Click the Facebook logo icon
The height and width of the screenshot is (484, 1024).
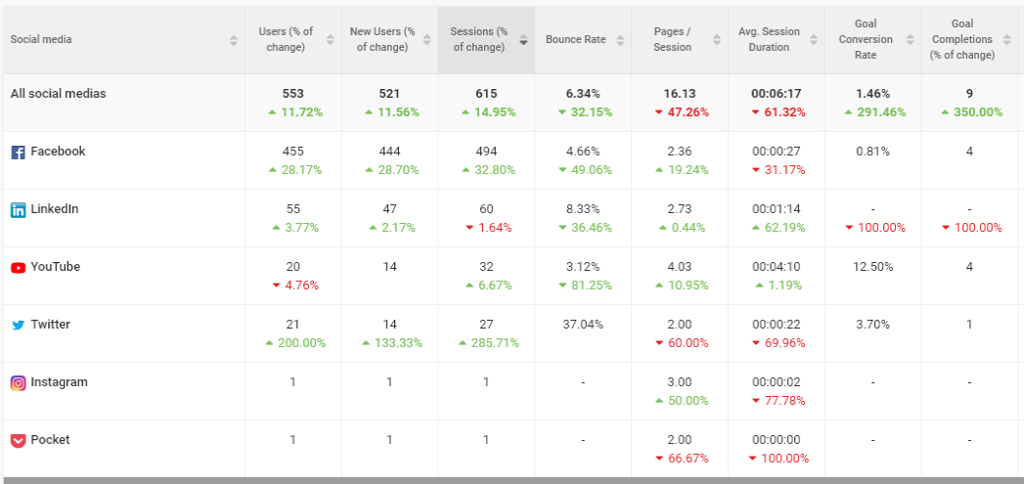pos(19,153)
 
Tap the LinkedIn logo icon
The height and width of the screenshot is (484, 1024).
pos(19,209)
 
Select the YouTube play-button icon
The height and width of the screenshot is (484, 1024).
pos(19,267)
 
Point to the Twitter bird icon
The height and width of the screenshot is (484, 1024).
pos(19,326)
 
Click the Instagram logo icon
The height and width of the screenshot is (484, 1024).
pos(19,382)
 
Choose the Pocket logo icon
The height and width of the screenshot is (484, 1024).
pos(19,441)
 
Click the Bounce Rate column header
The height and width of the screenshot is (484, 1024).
pos(576,39)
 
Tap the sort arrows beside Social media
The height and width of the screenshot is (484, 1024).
pos(234,40)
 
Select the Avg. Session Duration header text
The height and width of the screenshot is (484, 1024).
pos(769,39)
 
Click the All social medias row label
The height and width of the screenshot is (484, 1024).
pos(58,94)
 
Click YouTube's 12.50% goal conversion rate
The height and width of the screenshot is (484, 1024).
pos(872,267)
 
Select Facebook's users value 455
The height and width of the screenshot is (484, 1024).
pos(292,152)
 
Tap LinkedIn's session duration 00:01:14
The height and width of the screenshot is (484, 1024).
pos(776,209)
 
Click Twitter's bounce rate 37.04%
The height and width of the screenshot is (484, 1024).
pos(583,324)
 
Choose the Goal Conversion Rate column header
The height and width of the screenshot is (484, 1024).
pos(865,39)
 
